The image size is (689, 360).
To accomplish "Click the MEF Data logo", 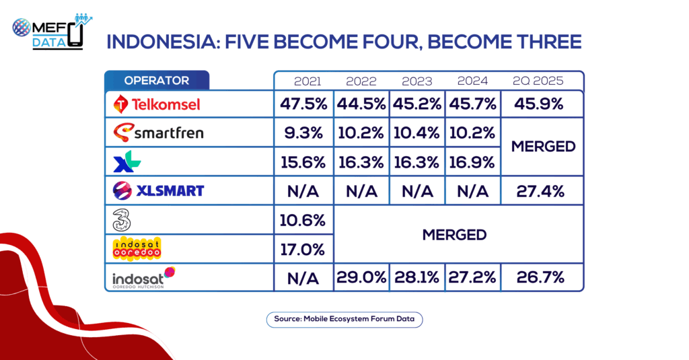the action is [52, 32].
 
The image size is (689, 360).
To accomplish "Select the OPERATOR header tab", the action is [156, 81].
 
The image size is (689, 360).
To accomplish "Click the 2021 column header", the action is [307, 81].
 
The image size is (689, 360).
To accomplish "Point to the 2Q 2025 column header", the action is [538, 81].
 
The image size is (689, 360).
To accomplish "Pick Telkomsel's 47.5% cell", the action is [303, 104].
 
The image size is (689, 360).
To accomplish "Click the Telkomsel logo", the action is [156, 104].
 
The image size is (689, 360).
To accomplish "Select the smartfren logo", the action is [158, 133].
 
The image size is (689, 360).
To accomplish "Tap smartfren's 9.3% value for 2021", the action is [303, 133].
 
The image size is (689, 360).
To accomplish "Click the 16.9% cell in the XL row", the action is [472, 163].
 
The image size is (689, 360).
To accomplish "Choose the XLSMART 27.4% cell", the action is [540, 191].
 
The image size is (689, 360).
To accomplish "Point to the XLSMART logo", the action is [158, 191].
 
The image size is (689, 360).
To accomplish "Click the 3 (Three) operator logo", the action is [122, 220].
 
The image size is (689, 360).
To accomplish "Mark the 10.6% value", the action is [303, 220].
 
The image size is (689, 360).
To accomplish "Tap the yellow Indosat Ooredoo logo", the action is [137, 249].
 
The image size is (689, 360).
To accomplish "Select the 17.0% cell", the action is [303, 250].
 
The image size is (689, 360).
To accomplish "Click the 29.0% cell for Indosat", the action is [361, 277].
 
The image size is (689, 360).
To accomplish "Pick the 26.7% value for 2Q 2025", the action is [540, 277].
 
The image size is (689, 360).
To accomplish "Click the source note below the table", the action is [344, 320].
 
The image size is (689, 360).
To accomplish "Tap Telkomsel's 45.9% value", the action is [539, 104].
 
